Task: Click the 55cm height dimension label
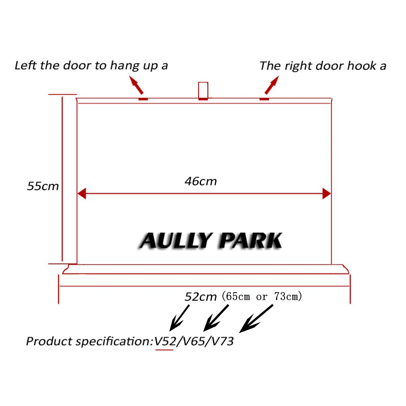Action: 43,186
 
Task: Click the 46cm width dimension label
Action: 201,181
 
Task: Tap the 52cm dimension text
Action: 201,297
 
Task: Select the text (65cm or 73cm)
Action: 262,296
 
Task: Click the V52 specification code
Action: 164,341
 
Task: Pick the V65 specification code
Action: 193,341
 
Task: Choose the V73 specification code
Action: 222,341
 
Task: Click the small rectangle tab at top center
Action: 203,91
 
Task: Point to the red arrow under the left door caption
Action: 136,86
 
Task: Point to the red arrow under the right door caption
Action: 272,86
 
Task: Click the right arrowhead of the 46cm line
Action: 326,194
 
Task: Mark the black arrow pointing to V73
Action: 257,318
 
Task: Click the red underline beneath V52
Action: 164,350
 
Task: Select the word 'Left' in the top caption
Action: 25,65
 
